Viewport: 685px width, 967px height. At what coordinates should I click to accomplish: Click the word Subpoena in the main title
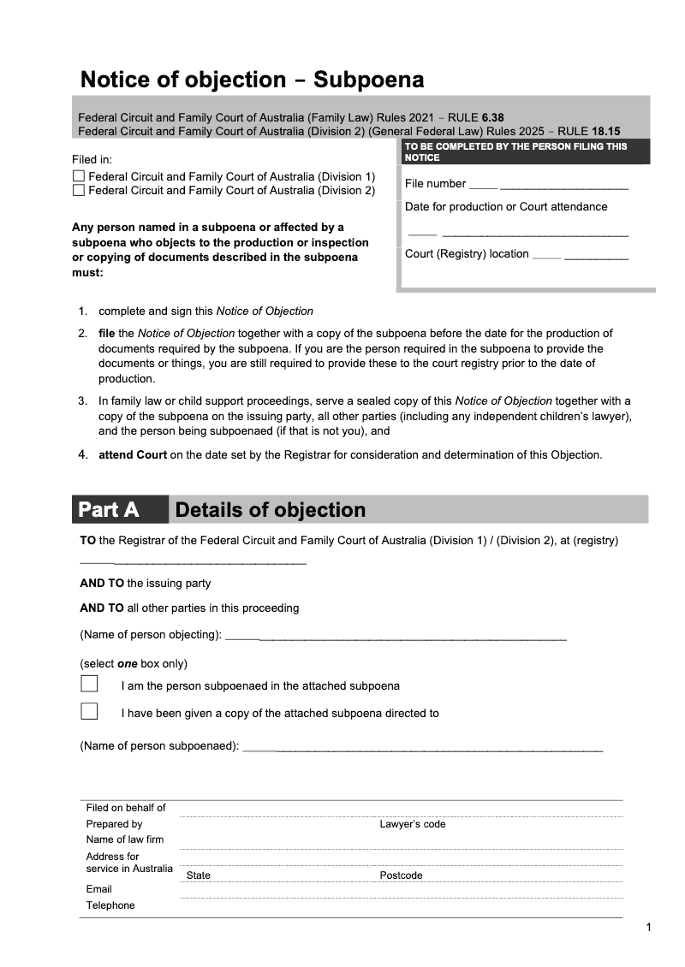click(x=369, y=80)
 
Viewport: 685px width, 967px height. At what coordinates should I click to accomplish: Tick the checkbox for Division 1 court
click(x=79, y=176)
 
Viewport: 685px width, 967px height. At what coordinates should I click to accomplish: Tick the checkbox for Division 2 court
click(x=79, y=190)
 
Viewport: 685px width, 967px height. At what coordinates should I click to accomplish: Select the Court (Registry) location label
click(x=467, y=254)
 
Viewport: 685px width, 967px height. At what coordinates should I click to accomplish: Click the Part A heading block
click(x=109, y=510)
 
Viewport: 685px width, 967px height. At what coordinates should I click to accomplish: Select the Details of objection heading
click(x=271, y=510)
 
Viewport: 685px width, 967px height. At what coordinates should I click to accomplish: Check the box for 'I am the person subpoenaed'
click(x=89, y=685)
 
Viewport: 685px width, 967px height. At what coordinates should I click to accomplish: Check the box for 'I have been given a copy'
click(x=89, y=712)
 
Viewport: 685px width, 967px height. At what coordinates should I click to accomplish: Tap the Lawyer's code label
click(x=413, y=824)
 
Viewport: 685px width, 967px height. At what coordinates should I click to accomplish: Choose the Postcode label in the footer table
click(x=401, y=875)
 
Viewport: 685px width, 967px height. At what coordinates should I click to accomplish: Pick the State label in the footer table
click(x=199, y=875)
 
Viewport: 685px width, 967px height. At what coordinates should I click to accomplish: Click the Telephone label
click(x=110, y=905)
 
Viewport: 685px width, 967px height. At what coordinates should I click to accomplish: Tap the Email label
click(x=99, y=889)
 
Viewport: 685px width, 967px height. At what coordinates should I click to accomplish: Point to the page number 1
click(x=649, y=928)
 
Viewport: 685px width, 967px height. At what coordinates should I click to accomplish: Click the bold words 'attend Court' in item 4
click(x=133, y=454)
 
